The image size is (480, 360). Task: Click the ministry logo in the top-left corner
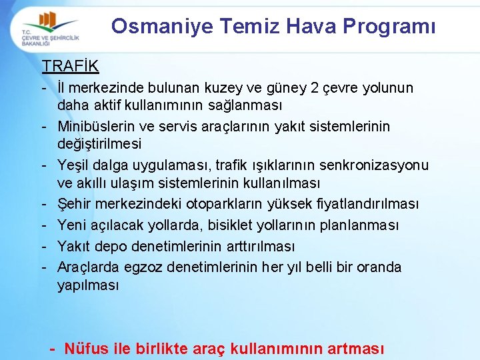(49, 29)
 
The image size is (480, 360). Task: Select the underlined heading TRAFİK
(70, 66)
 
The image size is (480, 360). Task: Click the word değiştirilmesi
(99, 144)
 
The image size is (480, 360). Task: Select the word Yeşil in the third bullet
(74, 165)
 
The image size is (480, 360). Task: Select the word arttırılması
(257, 247)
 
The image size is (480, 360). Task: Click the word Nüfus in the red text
(88, 348)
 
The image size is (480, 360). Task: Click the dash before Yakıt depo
(44, 247)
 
